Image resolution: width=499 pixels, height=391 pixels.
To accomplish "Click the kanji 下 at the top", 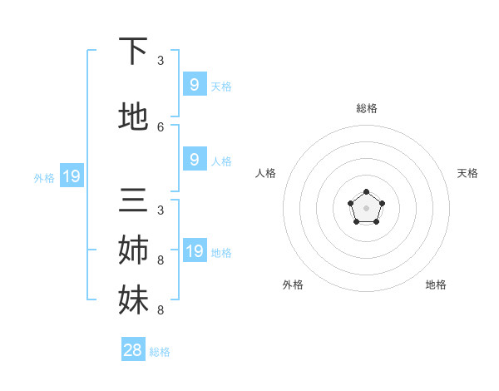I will pos(133,52).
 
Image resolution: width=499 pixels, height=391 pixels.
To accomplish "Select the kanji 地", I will pos(133,117).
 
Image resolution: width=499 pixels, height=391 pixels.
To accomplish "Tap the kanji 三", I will pos(133,203).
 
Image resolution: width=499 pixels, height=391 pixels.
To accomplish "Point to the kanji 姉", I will pos(133,250).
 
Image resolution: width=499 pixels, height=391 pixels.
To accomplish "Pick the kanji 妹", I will pos(133,299).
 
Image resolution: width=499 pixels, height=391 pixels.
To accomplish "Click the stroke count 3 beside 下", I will pos(161,61).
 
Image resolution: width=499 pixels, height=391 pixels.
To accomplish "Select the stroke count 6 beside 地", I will pos(161,126).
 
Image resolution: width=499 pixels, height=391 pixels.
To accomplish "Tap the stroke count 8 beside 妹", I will pos(161,310).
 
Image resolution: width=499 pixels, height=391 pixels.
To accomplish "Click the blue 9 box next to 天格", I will pos(194,84).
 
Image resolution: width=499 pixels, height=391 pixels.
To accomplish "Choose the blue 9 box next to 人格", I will pos(194,159).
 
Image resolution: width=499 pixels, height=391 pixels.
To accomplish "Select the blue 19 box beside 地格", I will pos(194,250).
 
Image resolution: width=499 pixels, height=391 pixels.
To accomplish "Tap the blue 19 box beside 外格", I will pos(71,176).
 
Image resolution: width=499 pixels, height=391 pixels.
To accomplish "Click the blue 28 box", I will pos(133,350).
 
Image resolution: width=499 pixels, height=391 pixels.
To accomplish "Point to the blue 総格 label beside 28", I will pos(160,352).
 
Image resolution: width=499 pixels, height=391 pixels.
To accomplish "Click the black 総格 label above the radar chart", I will pos(366,108).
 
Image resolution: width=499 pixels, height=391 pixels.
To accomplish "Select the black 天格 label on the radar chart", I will pos(467,173).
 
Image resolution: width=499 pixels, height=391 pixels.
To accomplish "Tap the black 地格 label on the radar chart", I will pos(436,285).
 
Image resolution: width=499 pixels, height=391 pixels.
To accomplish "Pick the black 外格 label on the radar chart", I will pos(293,285).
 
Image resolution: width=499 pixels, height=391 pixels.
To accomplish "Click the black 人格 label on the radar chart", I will pos(265,173).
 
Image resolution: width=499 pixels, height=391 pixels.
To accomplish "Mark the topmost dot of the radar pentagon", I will pos(366,194).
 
